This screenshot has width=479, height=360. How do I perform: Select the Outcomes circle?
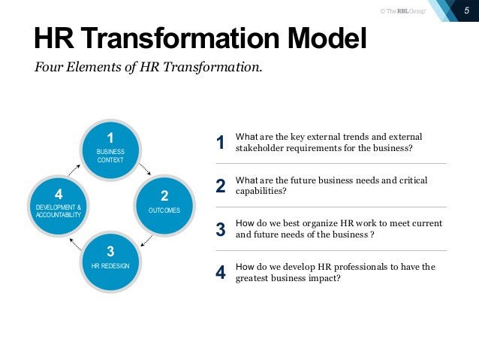pos(164,202)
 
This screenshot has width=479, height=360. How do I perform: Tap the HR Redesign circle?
pos(110,258)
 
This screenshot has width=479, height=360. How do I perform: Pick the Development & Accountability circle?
pos(58,202)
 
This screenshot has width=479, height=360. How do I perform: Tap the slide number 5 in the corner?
pos(466,10)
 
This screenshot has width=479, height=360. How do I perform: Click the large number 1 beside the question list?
pos(220,143)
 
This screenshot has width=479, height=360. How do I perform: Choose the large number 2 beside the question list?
pos(220,186)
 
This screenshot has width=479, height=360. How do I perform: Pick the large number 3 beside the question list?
pos(220,229)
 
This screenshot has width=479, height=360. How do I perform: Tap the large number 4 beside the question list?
pos(220,272)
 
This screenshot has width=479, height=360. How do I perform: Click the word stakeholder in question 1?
pos(259,148)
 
